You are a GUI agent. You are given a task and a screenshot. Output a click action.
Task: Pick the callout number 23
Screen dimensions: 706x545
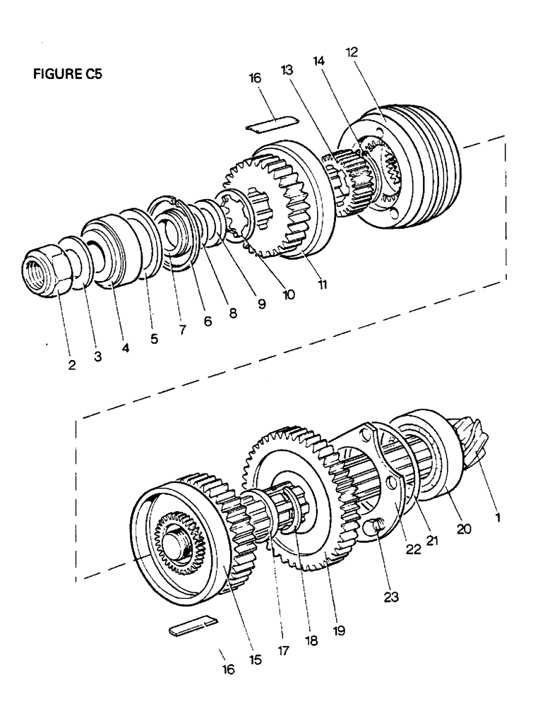390,597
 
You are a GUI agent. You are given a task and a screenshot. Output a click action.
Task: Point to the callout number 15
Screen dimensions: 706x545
255,659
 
